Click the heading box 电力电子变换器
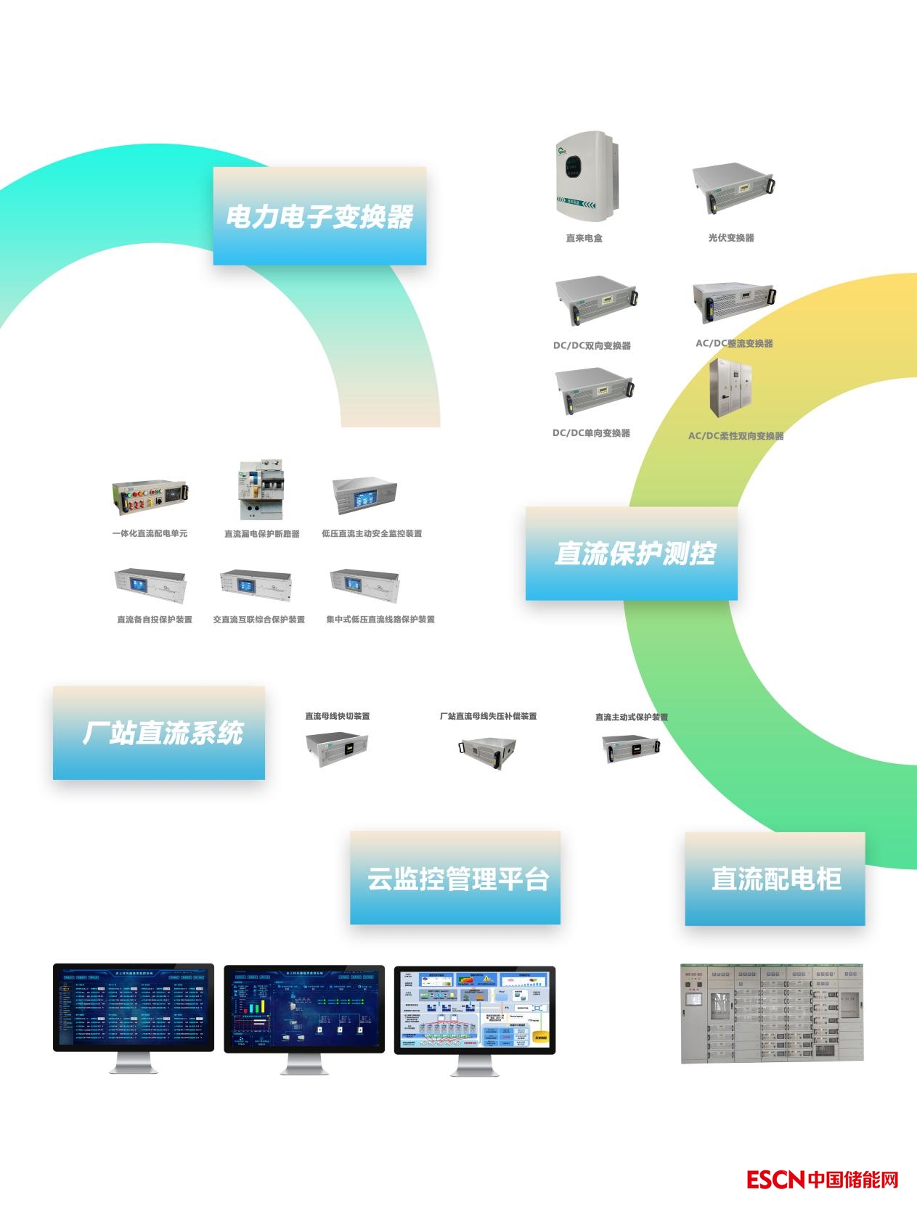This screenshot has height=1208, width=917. (319, 215)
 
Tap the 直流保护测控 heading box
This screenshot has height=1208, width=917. (631, 554)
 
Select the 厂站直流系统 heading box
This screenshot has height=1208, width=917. (159, 733)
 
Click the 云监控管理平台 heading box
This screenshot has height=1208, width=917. (455, 878)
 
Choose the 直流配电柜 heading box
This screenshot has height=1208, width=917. (775, 879)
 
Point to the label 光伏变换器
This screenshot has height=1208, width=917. (731, 238)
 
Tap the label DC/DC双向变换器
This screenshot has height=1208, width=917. (592, 346)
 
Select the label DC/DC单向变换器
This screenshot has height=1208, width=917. (591, 433)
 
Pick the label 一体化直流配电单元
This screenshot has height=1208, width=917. (150, 534)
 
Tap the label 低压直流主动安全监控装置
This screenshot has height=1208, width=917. (372, 534)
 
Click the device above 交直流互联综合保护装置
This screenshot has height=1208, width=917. (256, 585)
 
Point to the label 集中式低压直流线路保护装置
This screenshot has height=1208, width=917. (380, 620)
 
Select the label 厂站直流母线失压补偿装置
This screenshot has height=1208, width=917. (488, 717)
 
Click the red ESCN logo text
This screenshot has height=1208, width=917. (776, 1180)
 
